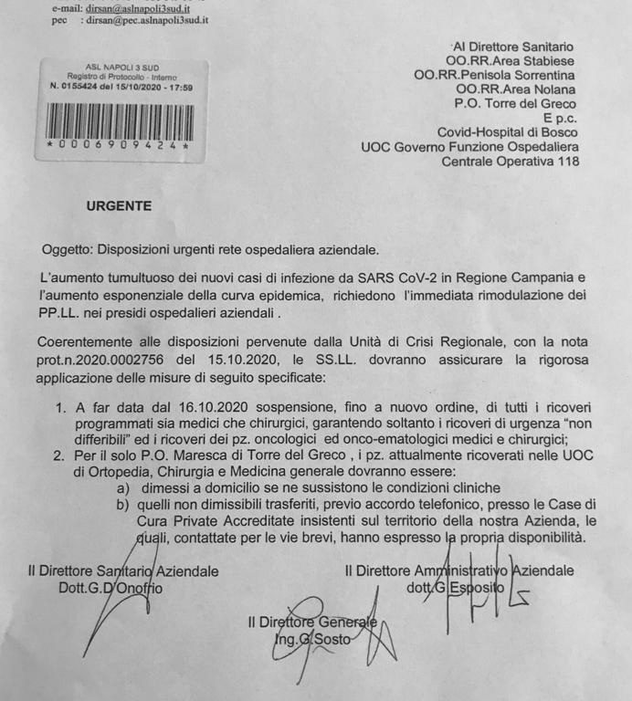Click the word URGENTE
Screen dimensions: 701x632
(x=119, y=205)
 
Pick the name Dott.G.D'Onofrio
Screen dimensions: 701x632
(x=110, y=588)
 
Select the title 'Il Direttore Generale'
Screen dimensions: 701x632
(x=311, y=623)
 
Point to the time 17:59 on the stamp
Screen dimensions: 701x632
(x=178, y=87)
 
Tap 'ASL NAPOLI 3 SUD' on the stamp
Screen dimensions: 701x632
(x=116, y=68)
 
